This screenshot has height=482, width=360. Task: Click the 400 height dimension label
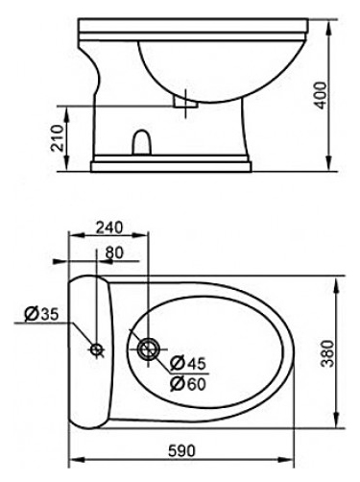coord(321,95)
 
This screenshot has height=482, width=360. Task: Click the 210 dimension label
coord(59,138)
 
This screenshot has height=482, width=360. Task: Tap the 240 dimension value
coord(109,228)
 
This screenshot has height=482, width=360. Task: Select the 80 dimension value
coord(114,253)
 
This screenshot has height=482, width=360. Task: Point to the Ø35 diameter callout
coord(42,314)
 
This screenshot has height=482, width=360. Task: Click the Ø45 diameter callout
coord(188,363)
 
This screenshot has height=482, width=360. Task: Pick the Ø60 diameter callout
coord(188,383)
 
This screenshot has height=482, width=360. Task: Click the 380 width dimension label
coord(326,353)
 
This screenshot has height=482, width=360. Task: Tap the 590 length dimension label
coord(181,450)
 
